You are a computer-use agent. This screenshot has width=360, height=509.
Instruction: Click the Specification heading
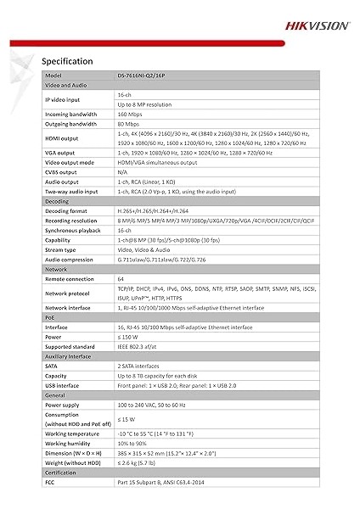click(x=66, y=61)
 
